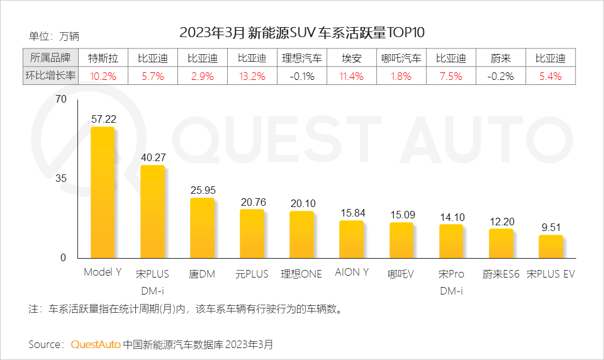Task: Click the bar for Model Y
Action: pyautogui.click(x=103, y=193)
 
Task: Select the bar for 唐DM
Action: pyautogui.click(x=202, y=228)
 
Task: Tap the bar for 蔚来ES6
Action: pyautogui.click(x=501, y=244)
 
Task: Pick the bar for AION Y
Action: pyautogui.click(x=352, y=239)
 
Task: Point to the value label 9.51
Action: pyautogui.click(x=551, y=227)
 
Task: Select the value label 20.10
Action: pyautogui.click(x=302, y=203)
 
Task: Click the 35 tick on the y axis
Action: pyautogui.click(x=60, y=179)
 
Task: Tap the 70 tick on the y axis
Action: pyautogui.click(x=60, y=99)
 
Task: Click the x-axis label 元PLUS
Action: pyautogui.click(x=252, y=274)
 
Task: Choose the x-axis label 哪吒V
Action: pyautogui.click(x=401, y=274)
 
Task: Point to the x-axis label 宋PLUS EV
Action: pyautogui.click(x=551, y=274)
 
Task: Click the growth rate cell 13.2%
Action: pyautogui.click(x=252, y=76)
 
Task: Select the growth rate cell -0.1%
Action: pyautogui.click(x=302, y=76)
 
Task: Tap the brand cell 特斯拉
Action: pyautogui.click(x=103, y=59)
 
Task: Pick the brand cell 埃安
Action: pyautogui.click(x=352, y=59)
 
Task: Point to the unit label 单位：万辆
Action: pyautogui.click(x=54, y=36)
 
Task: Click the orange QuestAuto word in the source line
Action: pyautogui.click(x=96, y=344)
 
